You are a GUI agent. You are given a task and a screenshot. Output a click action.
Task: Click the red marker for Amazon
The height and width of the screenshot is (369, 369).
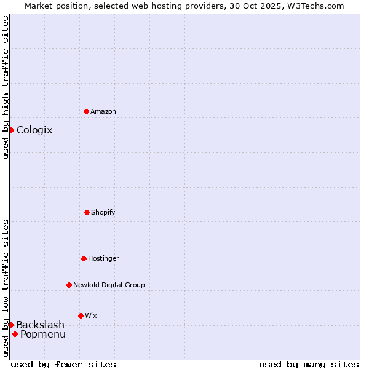pos(87,111)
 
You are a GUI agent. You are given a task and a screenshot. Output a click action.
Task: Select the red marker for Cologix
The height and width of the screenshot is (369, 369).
pos(11,130)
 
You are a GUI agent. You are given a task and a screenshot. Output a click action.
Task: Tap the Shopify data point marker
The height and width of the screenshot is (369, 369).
pos(87,212)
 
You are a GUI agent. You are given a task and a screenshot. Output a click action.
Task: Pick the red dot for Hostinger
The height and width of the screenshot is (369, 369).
pos(84,258)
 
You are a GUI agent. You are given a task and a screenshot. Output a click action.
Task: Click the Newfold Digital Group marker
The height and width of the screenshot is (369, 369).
pos(69,285)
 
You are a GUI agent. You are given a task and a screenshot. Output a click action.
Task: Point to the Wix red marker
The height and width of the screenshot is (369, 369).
pos(81,315)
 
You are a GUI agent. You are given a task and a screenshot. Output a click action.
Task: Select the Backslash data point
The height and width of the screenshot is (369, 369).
pos(10,325)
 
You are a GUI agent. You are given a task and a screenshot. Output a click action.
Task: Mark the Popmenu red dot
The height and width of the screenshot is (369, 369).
pos(15,334)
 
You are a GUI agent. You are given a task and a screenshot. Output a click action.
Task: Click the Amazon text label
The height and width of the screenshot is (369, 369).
pos(103,111)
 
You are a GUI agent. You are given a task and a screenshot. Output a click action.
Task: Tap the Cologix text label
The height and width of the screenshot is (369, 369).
pos(34,130)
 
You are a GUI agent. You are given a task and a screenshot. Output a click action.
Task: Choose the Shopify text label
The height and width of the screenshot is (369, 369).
pos(103,212)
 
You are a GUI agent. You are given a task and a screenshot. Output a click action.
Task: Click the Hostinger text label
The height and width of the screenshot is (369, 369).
pos(103,258)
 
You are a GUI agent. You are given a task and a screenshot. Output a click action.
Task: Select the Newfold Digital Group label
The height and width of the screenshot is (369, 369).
pos(109,285)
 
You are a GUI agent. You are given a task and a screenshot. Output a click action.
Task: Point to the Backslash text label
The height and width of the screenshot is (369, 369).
pos(40,325)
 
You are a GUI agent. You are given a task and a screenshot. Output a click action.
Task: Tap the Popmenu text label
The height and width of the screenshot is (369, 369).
pos(43,334)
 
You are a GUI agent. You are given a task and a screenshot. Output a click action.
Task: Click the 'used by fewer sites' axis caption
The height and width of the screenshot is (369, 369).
pos(63,364)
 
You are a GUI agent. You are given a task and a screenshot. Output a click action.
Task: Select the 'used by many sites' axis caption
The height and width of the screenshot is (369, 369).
pos(309,364)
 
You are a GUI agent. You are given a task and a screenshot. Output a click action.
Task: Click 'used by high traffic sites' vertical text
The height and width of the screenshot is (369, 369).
pos(6,87)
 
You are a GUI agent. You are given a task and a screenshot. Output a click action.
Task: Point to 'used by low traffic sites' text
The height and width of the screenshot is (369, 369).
pos(6,288)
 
